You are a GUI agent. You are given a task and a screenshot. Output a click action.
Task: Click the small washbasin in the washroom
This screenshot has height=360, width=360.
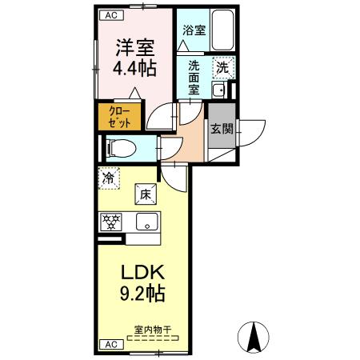click(x=218, y=88)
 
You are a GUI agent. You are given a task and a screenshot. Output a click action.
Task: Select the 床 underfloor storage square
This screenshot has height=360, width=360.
click(x=145, y=193)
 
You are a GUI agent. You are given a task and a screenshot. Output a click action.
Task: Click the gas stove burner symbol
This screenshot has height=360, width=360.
click(x=111, y=220)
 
